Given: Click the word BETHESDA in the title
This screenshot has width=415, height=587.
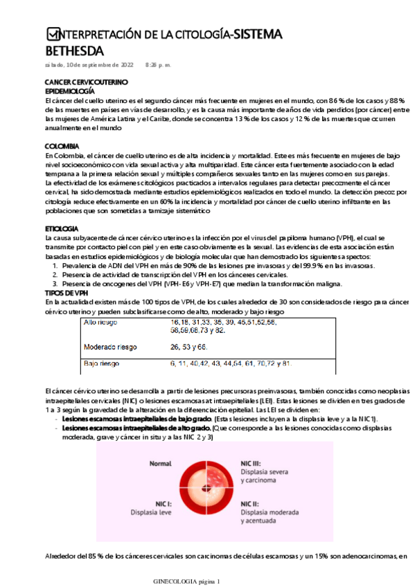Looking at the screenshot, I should (x=74, y=51).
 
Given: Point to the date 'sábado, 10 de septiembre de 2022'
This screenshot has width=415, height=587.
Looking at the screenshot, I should (x=89, y=64).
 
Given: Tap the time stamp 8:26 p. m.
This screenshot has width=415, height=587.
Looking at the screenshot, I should (x=158, y=64).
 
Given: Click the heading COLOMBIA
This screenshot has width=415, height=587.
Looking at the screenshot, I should (x=60, y=146).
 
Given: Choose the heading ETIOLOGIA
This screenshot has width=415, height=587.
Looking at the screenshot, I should (x=62, y=228).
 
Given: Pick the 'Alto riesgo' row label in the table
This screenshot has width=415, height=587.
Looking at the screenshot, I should (x=100, y=323).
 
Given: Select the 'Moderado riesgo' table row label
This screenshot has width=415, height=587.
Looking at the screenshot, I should (x=109, y=347).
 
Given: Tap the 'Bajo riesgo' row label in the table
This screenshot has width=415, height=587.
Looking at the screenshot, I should (x=101, y=363).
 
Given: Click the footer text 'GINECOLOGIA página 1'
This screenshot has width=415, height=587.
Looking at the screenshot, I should (x=186, y=581).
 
